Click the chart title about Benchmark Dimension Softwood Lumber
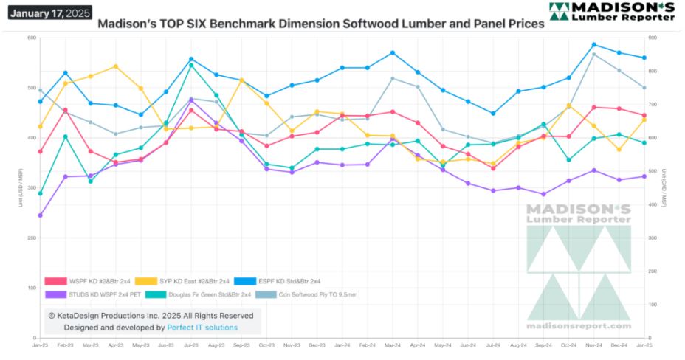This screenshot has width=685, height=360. [x=321, y=24]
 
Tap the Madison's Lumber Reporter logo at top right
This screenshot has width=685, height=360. [x=611, y=11]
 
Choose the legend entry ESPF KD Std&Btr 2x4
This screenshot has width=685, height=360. [x=289, y=281]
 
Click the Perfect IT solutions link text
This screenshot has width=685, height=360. [x=202, y=327]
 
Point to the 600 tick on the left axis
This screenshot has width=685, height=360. [x=31, y=38]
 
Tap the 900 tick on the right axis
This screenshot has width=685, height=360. [x=653, y=38]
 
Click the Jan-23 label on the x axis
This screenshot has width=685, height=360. [x=40, y=345]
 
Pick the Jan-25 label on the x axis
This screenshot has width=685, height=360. [x=644, y=345]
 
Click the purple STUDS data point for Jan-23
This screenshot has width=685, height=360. [x=40, y=215]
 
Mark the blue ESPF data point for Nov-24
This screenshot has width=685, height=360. [x=593, y=45]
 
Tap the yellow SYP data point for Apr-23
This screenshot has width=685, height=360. [x=116, y=66]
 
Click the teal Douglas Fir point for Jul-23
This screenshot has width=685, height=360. [x=191, y=65]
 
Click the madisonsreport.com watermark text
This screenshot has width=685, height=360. [x=579, y=325]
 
